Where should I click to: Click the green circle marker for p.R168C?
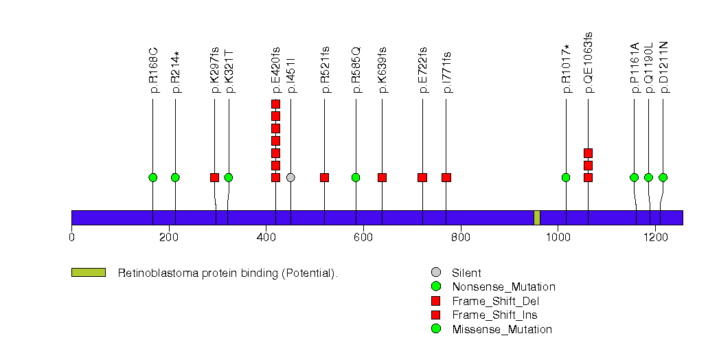pyautogui.click(x=152, y=177)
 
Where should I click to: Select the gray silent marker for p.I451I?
pyautogui.click(x=290, y=177)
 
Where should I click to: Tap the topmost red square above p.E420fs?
pyautogui.click(x=275, y=104)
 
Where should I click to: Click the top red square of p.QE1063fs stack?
pyautogui.click(x=588, y=153)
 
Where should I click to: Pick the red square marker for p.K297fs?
pyautogui.click(x=214, y=177)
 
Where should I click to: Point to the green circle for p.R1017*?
pyautogui.click(x=566, y=177)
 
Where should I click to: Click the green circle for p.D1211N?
pyautogui.click(x=663, y=177)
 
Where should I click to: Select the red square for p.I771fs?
pyautogui.click(x=446, y=177)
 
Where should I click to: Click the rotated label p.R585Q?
pyautogui.click(x=356, y=70)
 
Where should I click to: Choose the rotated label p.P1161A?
pyautogui.click(x=635, y=67)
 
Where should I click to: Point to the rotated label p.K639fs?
pyautogui.click(x=382, y=69)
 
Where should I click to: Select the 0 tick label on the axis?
pyautogui.click(x=71, y=238)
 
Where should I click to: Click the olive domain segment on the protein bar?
pyautogui.click(x=536, y=217)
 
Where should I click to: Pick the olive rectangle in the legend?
pyautogui.click(x=88, y=273)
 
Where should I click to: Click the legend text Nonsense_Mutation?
pyautogui.click(x=503, y=287)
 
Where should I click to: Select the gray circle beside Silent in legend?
pyautogui.click(x=435, y=273)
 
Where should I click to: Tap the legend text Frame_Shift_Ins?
pyautogui.click(x=494, y=315)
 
